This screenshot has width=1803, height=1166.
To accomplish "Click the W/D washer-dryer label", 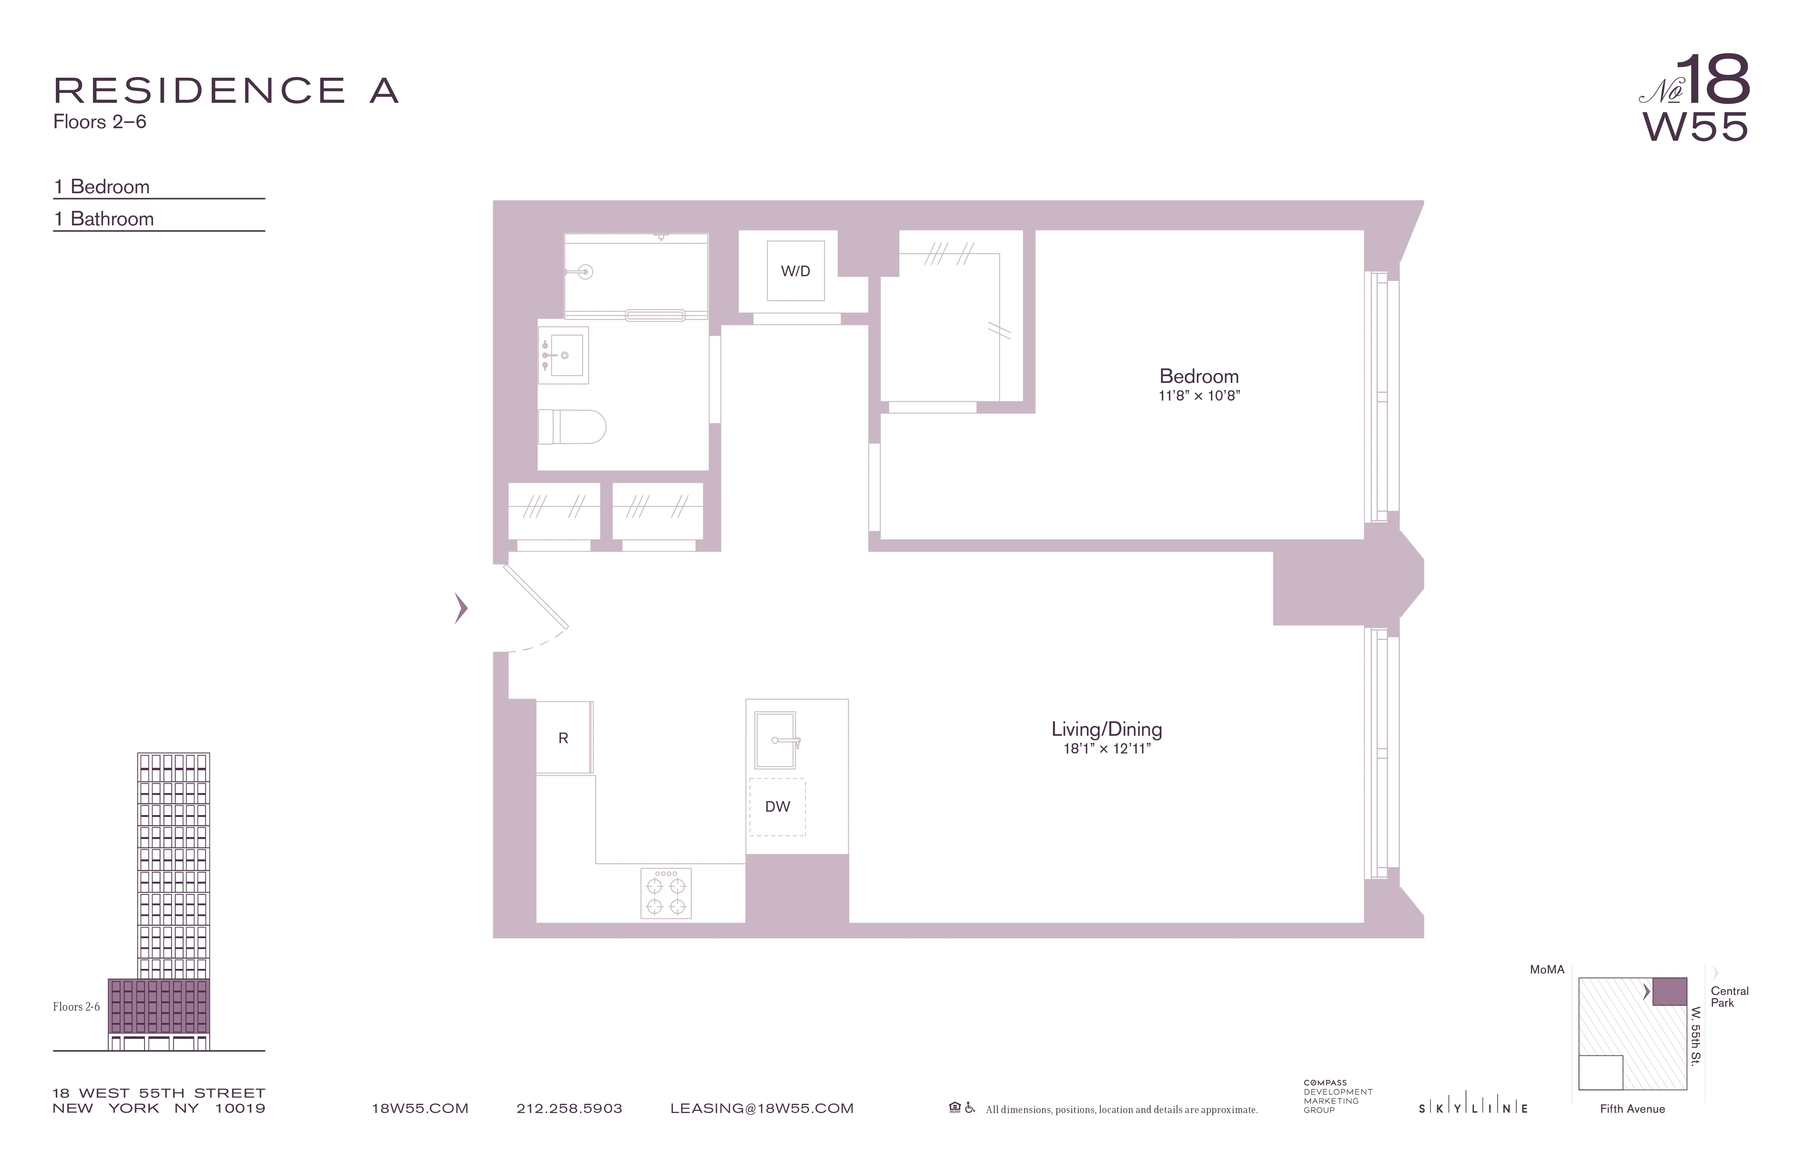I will [x=795, y=271].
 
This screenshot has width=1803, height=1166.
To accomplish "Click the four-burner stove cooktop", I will [x=666, y=893].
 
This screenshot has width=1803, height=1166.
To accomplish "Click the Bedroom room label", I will [x=1199, y=376].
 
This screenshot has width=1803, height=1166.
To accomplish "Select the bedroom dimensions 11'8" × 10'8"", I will [x=1199, y=396].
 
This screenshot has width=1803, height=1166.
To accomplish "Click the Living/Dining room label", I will [x=1107, y=729].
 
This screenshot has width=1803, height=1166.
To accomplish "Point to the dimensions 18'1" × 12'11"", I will [x=1107, y=749].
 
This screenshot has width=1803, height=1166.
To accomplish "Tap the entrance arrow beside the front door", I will [x=461, y=608].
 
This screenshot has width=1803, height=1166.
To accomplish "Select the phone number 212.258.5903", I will [x=569, y=1108].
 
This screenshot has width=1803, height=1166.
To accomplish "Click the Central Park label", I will [x=1729, y=996].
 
